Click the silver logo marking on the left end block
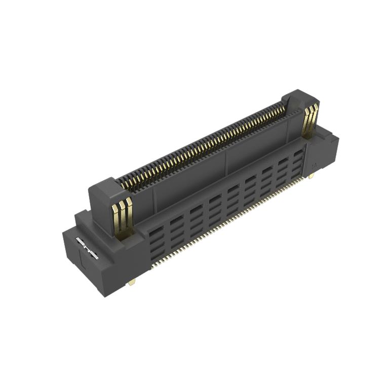point(87,248)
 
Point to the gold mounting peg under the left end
point(132,283)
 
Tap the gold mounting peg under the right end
point(311,176)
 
